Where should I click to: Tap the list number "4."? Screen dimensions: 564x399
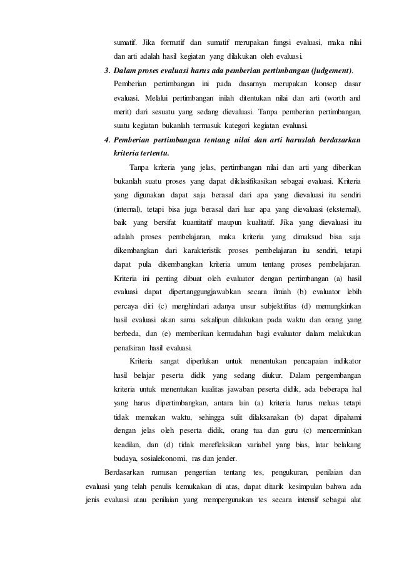pyautogui.click(x=108, y=140)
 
